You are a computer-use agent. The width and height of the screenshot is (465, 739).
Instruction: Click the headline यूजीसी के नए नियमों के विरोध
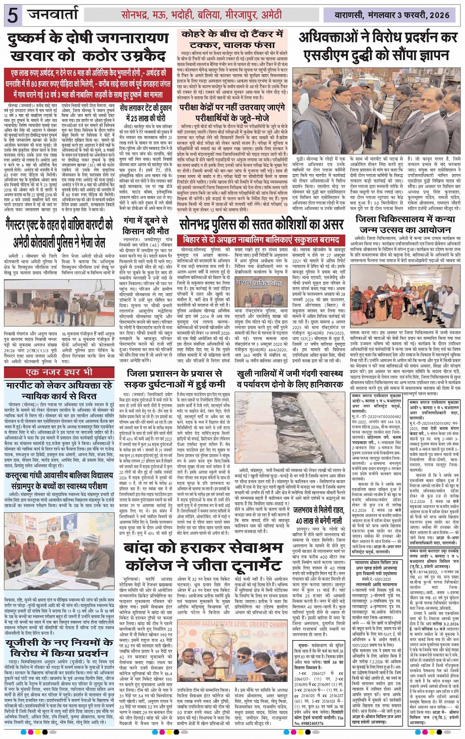tap(60, 648)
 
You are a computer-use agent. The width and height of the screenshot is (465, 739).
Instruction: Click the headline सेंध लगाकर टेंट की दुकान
tap(146, 112)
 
